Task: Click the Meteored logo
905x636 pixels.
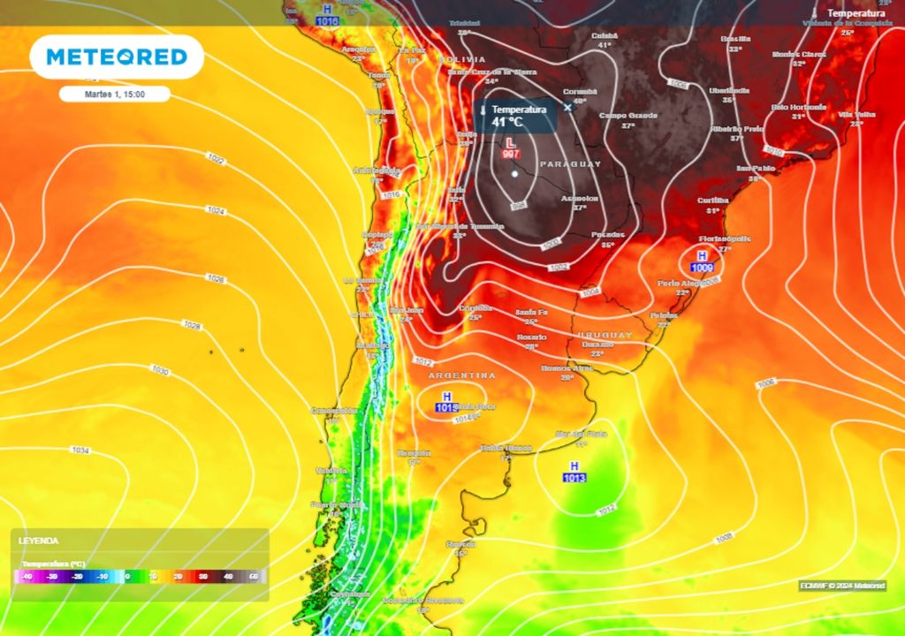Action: tap(117, 57)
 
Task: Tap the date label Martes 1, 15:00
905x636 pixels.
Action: tap(115, 94)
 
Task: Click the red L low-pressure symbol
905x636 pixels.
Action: tap(510, 142)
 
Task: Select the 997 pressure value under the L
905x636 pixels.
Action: tap(510, 154)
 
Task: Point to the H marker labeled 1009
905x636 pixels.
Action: tap(702, 255)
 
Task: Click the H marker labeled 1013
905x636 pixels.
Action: tap(574, 466)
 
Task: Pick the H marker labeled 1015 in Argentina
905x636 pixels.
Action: tap(446, 397)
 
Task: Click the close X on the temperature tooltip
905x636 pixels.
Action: tap(568, 108)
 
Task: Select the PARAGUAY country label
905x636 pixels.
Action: tap(570, 164)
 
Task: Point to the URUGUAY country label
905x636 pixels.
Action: tap(605, 336)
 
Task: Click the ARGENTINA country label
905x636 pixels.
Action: tap(462, 375)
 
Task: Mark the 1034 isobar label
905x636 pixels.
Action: tap(80, 450)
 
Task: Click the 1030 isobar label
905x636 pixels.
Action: tap(160, 370)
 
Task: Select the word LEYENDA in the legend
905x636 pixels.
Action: tap(39, 540)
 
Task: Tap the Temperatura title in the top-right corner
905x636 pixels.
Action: tap(856, 13)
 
